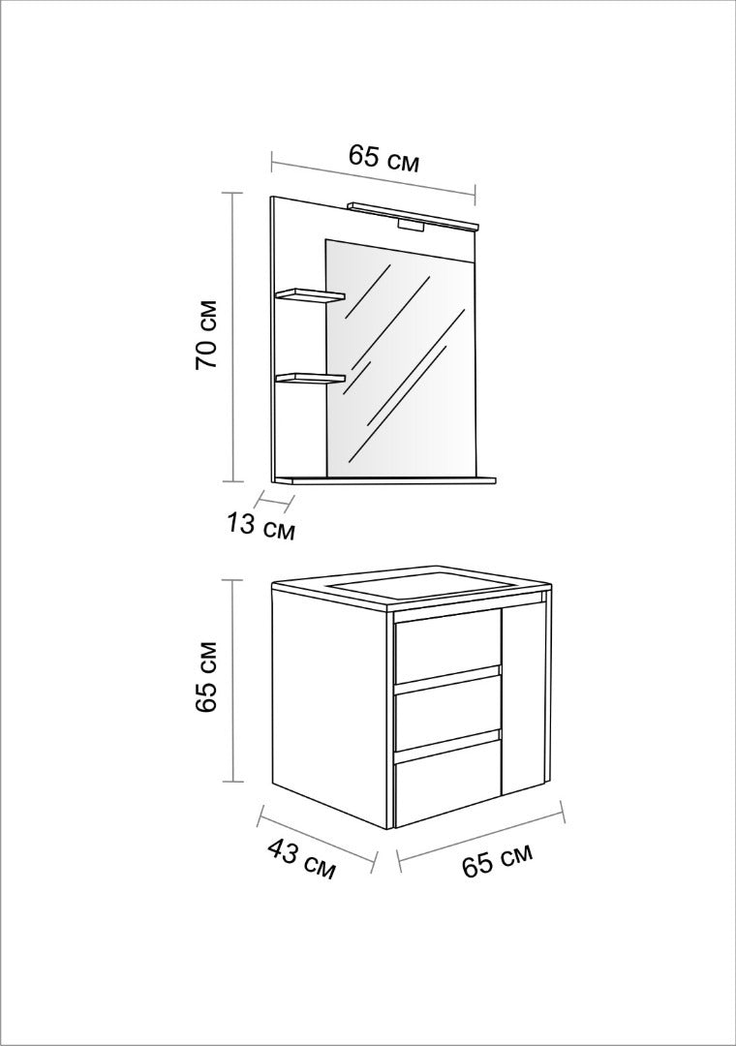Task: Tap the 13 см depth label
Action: [259, 526]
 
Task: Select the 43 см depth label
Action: [301, 859]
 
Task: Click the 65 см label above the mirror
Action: [383, 160]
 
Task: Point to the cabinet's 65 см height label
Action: [207, 678]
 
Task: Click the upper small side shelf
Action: [311, 294]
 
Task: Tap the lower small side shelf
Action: [311, 379]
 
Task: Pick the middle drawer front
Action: [447, 713]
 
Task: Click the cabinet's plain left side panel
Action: [331, 707]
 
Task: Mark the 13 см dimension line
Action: [276, 499]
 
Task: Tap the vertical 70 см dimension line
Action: [231, 336]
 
